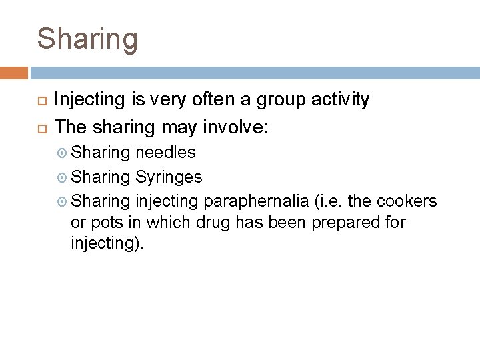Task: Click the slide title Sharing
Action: pos(87,39)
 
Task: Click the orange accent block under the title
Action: pos(14,73)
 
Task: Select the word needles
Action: pos(165,153)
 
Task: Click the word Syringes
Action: pos(169,177)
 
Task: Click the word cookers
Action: pos(407,201)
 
